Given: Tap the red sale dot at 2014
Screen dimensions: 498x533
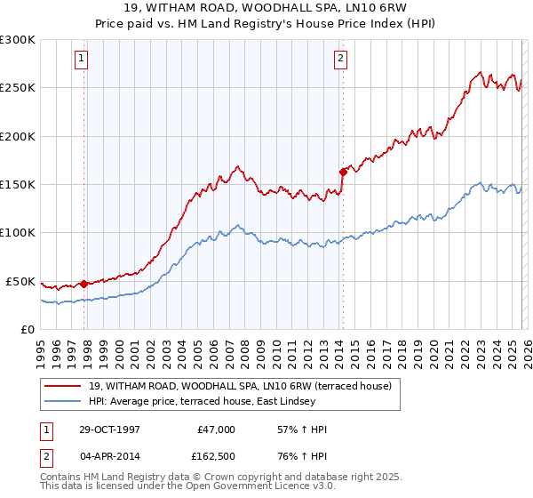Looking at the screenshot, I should (342, 172).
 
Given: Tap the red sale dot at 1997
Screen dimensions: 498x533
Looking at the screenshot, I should (84, 284).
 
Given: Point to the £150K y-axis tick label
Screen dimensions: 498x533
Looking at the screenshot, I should (18, 184).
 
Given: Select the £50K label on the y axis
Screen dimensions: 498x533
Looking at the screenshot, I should (20, 281).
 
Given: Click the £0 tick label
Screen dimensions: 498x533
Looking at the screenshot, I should (28, 329).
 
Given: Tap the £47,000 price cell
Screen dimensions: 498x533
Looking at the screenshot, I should (216, 430).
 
